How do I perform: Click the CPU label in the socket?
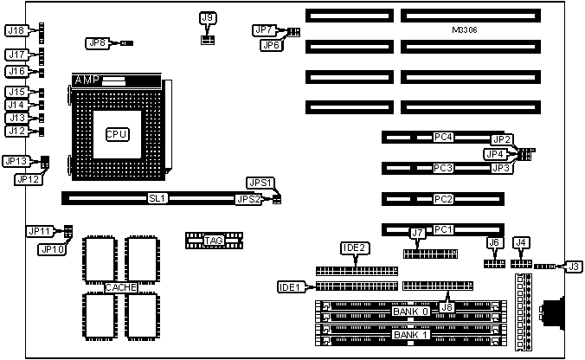[x=117, y=134]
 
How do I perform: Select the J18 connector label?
[x=16, y=30]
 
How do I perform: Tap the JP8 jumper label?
[x=98, y=42]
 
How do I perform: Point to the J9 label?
[x=207, y=17]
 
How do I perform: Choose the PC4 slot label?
[x=444, y=137]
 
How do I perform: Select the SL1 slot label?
[x=157, y=198]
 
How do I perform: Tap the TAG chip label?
[x=213, y=240]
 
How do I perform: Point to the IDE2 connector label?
[x=354, y=248]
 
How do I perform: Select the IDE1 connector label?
[x=289, y=286]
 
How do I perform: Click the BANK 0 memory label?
[x=410, y=311]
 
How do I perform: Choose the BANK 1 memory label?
[x=410, y=334]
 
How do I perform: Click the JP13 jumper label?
[x=16, y=161]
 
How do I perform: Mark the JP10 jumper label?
[x=51, y=249]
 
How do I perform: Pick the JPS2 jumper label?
[x=248, y=199]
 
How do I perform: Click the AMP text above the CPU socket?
[x=87, y=80]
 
